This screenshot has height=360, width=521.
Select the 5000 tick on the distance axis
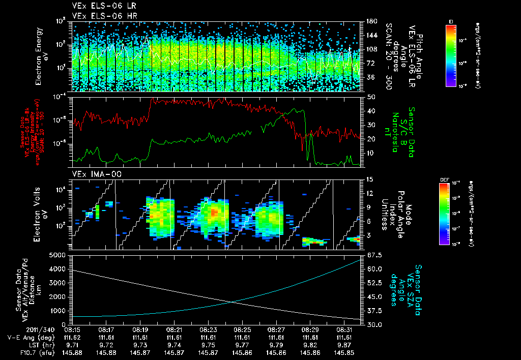click(59, 255)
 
